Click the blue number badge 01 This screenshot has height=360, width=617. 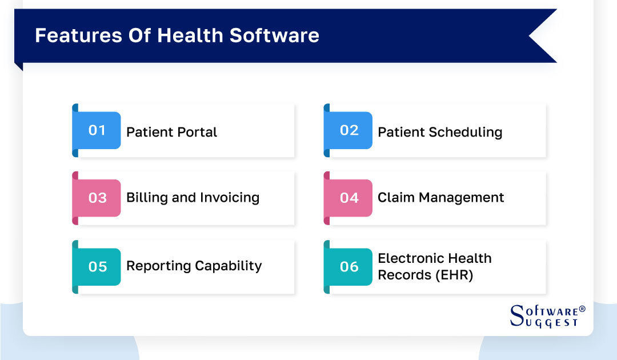tap(97, 130)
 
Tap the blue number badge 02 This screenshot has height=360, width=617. tap(348, 130)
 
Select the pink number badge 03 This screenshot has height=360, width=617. tap(97, 198)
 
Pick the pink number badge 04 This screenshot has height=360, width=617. tap(348, 198)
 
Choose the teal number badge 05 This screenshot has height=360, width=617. tap(97, 266)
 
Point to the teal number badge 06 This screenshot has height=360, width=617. tap(348, 266)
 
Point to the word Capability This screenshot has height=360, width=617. tap(229, 266)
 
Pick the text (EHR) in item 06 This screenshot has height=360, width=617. tap(453, 274)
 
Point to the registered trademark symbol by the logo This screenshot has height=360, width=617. tap(582, 309)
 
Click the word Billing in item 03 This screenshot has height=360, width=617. tap(143, 198)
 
